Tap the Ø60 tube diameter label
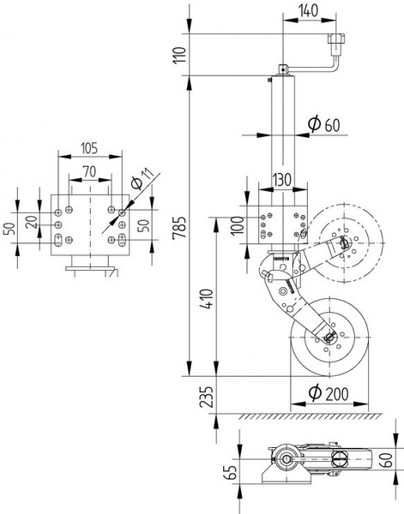pos(322,125)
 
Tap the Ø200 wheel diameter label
pos(324,394)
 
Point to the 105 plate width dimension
pos(89,146)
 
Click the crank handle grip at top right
pos(336,41)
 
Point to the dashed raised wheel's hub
pos(344,241)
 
